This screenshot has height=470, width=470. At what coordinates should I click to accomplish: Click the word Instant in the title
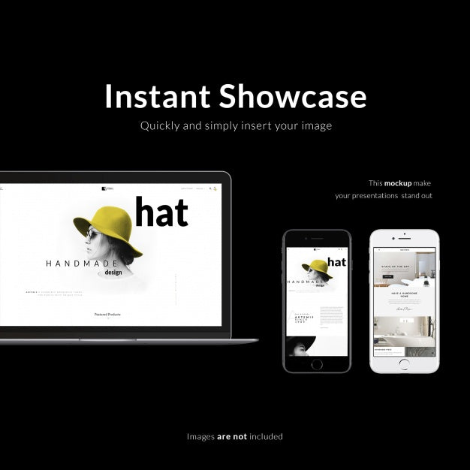(155, 97)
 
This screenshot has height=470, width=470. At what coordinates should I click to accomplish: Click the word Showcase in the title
(293, 97)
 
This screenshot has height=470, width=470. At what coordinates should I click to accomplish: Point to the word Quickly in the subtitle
(161, 126)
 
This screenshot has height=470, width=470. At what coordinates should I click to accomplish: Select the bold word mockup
(398, 183)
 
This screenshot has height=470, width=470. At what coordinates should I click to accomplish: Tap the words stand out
(416, 196)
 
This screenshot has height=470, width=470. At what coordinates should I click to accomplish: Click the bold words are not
(231, 436)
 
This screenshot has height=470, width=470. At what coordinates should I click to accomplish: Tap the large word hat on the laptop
(161, 212)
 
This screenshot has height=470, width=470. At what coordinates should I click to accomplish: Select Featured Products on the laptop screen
(107, 315)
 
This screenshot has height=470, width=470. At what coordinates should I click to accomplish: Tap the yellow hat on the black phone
(317, 268)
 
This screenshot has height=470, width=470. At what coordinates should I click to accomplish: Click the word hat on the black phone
(337, 262)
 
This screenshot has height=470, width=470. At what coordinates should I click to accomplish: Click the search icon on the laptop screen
(211, 188)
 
